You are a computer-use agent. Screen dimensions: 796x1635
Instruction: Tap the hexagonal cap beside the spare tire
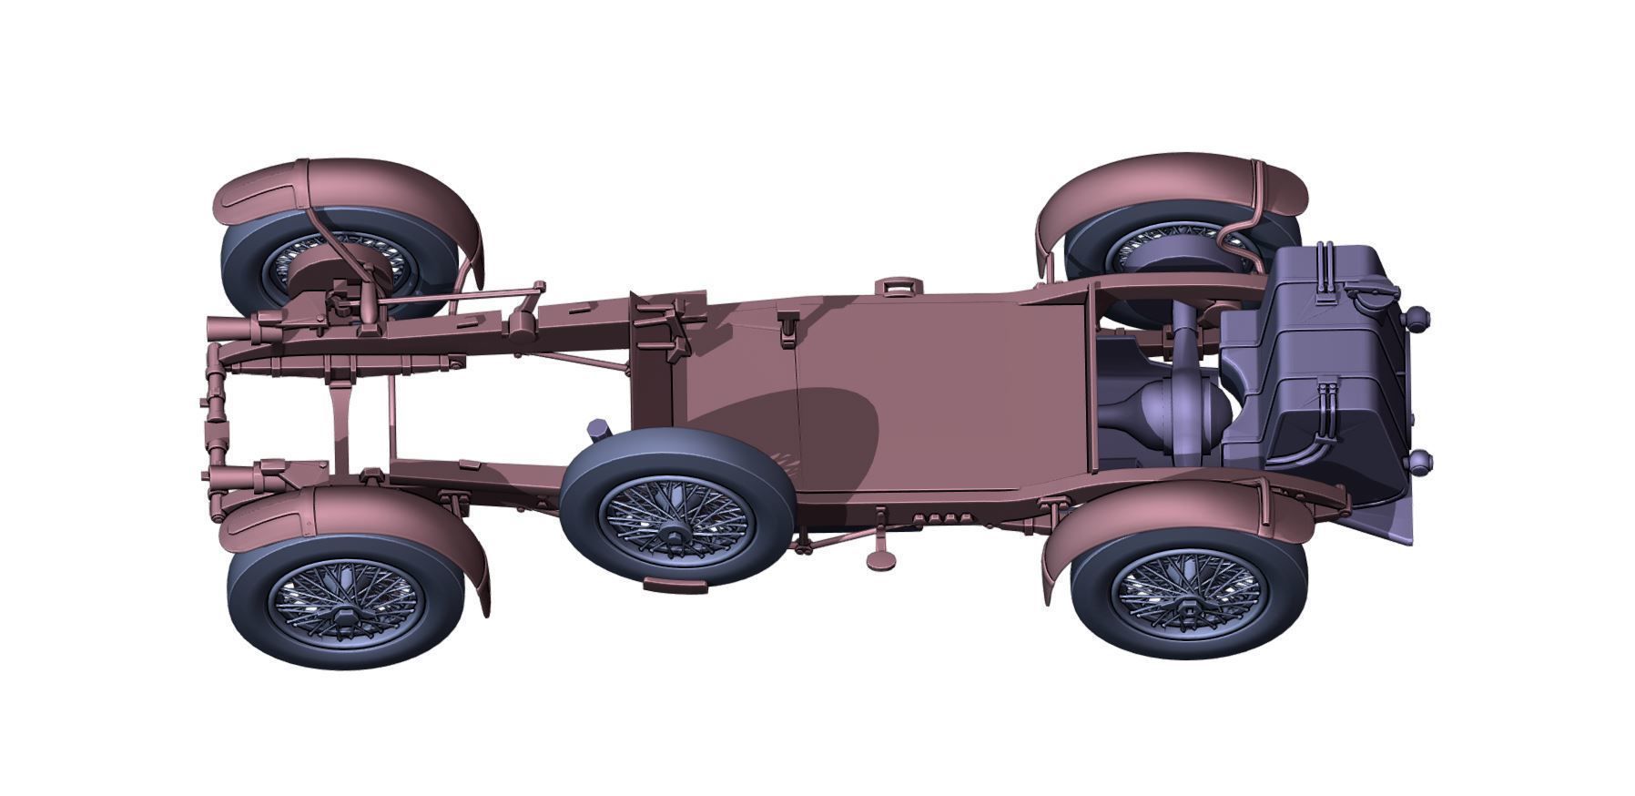coord(598,428)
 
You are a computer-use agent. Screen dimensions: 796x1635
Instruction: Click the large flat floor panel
coord(938,392)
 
